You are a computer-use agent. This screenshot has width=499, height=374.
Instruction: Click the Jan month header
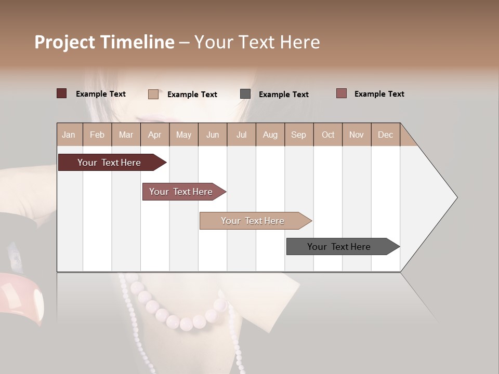[x=69, y=135]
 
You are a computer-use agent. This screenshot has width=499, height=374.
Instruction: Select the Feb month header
[x=97, y=135]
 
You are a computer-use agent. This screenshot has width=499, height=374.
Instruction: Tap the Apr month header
[x=154, y=135]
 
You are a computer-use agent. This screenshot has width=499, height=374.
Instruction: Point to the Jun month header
[x=213, y=135]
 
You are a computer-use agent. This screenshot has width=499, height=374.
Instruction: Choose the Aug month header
[x=270, y=135]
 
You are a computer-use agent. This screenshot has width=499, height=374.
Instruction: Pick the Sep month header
[x=298, y=135]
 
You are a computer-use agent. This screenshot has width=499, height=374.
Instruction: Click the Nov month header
[x=356, y=135]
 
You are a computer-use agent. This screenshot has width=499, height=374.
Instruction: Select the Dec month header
[x=385, y=135]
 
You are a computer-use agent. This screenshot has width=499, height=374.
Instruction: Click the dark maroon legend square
[x=62, y=94]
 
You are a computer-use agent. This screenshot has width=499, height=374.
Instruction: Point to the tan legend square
[x=153, y=94]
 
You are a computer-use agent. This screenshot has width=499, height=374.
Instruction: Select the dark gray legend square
[x=245, y=94]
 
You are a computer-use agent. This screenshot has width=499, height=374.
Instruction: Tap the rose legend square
[x=342, y=94]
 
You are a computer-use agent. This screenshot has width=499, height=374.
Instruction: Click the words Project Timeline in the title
[x=104, y=42]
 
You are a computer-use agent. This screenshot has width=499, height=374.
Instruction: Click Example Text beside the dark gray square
[x=283, y=95]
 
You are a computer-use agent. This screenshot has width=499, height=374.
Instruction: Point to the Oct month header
[x=328, y=135]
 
